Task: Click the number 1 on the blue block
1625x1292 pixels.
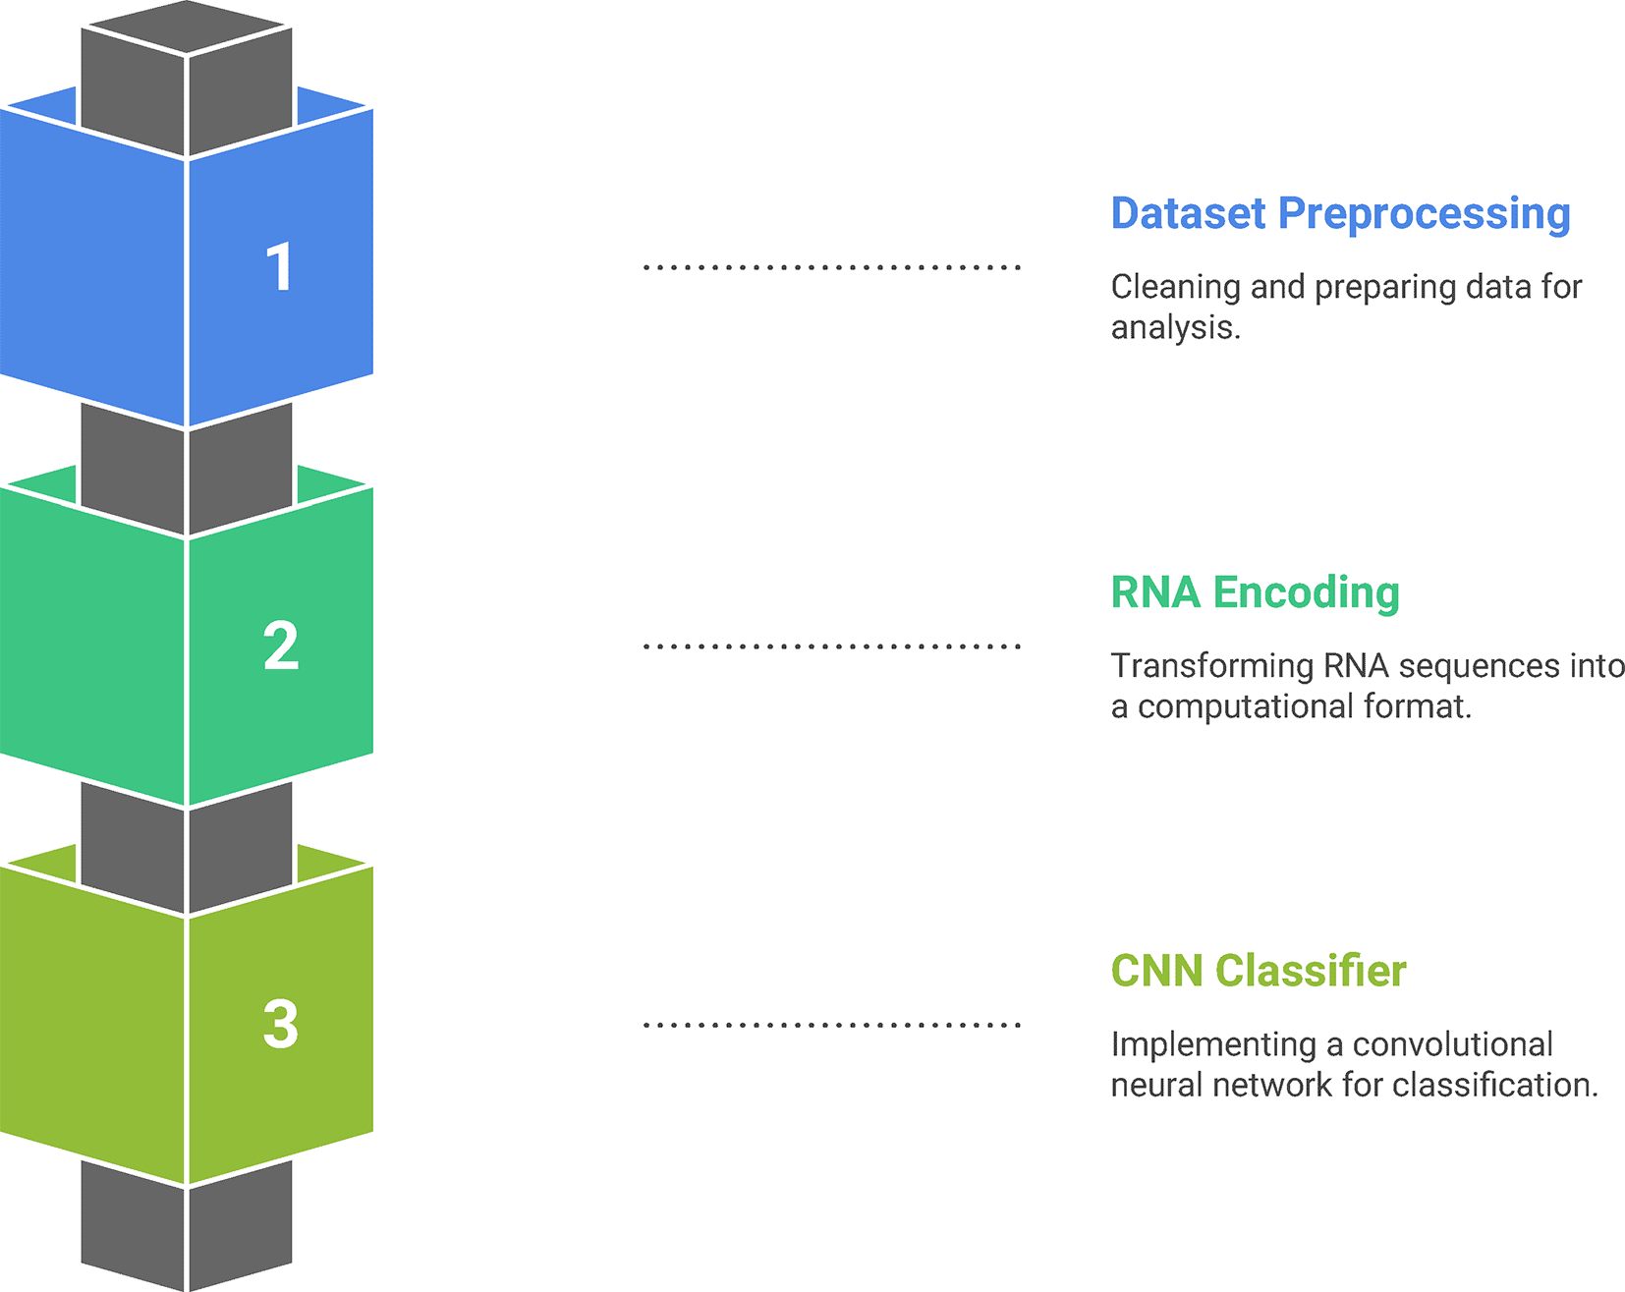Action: point(280,267)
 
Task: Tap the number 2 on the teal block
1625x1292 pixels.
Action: point(281,646)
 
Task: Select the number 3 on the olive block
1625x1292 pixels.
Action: point(281,1024)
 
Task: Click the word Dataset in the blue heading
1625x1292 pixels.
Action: point(1189,213)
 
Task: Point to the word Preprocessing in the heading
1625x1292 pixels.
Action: point(1425,215)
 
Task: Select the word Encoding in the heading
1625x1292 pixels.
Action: point(1307,593)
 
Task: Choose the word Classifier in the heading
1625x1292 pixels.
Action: point(1311,971)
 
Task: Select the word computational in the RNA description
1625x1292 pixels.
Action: point(1245,706)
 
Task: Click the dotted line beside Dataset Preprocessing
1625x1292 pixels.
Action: point(832,267)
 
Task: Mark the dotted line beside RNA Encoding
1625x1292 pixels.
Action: point(832,646)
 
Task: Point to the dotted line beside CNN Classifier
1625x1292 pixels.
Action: point(832,1025)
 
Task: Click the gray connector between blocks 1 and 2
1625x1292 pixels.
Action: point(187,470)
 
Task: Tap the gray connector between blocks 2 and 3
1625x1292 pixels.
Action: point(187,848)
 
